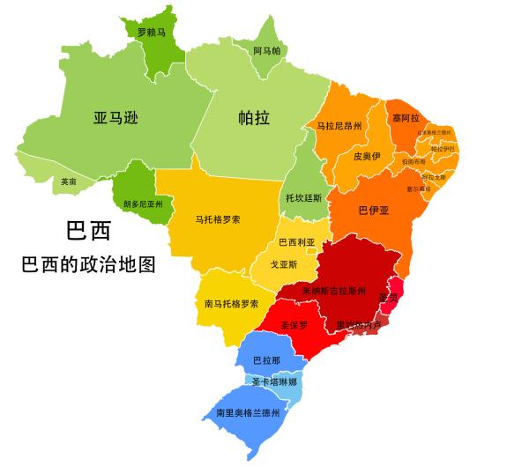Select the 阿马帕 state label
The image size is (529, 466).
(x=266, y=51)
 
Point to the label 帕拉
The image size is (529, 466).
(x=254, y=118)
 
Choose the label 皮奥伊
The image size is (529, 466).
(x=366, y=156)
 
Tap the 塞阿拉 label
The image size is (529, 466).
(x=406, y=117)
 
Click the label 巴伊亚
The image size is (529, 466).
(x=374, y=211)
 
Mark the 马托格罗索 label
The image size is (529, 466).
(x=218, y=218)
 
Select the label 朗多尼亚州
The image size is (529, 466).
(x=143, y=203)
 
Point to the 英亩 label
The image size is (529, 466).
(x=69, y=181)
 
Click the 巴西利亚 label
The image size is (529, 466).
(x=296, y=242)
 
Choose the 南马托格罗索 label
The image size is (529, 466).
(x=231, y=304)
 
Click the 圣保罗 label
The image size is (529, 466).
(x=294, y=325)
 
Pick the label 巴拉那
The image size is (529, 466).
(x=266, y=360)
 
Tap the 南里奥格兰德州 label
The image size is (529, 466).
(x=248, y=412)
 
